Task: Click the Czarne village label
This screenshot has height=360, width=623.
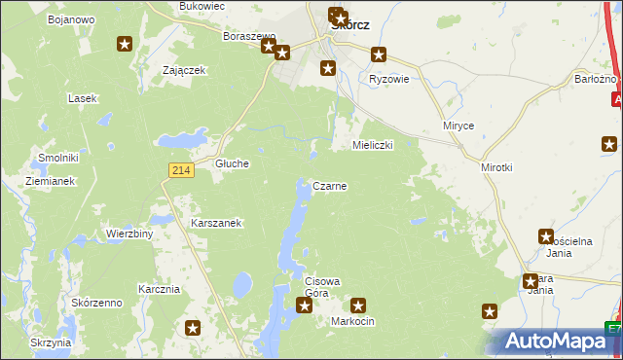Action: (x=330, y=185)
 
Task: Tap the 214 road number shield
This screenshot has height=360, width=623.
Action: (x=179, y=170)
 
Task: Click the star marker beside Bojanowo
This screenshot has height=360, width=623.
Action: (x=125, y=44)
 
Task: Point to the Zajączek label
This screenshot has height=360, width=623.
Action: (x=184, y=70)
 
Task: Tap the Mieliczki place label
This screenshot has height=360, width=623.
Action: (x=372, y=145)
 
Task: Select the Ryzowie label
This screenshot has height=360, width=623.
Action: (x=388, y=79)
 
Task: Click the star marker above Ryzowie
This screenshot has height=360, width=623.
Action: (x=379, y=55)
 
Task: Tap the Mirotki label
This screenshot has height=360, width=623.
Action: (x=496, y=167)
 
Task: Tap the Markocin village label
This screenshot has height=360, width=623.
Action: (x=352, y=321)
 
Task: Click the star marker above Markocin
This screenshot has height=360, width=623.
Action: (x=358, y=306)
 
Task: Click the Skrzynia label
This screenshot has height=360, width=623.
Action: (x=51, y=342)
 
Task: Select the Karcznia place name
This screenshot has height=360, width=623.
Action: (x=159, y=289)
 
